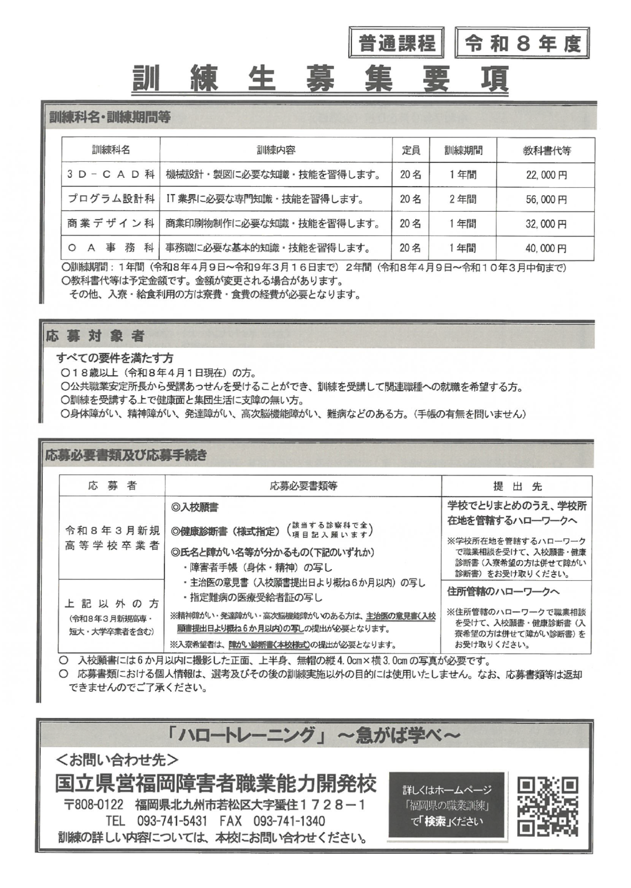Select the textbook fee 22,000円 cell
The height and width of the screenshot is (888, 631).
click(x=546, y=175)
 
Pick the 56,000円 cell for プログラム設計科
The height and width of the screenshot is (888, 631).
click(x=546, y=200)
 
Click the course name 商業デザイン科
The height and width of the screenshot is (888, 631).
click(x=111, y=224)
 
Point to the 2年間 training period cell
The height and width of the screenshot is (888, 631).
click(x=463, y=200)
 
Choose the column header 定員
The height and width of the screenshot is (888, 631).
click(x=411, y=150)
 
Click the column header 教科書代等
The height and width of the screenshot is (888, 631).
click(x=546, y=150)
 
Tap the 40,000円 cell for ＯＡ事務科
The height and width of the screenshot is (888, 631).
click(x=546, y=248)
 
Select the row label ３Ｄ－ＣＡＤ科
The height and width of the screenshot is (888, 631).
click(x=111, y=174)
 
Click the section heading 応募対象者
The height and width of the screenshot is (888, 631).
click(x=95, y=336)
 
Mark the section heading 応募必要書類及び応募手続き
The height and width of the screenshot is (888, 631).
click(x=126, y=455)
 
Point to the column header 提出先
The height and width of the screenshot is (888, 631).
click(x=517, y=486)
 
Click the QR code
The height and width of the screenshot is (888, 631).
click(x=547, y=805)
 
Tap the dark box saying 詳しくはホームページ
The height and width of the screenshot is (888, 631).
click(x=447, y=805)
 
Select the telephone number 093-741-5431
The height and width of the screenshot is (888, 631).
click(x=171, y=821)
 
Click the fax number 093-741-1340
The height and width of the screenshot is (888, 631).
click(x=289, y=821)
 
